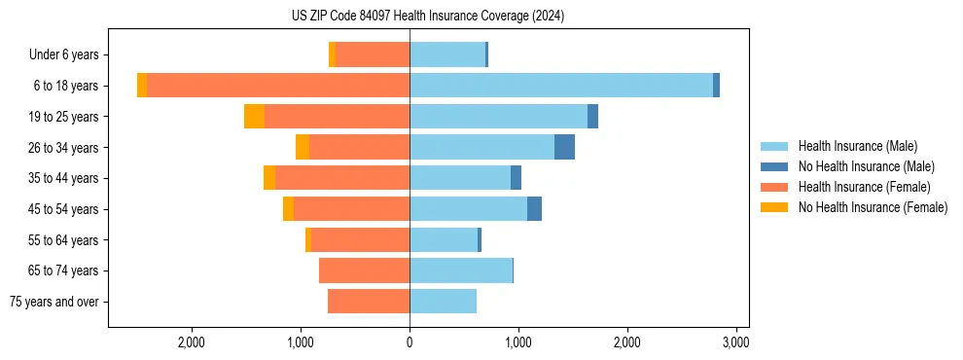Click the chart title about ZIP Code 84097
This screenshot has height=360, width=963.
coord(427,17)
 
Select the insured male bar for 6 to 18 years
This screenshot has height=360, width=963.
coord(561,86)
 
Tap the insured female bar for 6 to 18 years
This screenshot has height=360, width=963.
coord(278,86)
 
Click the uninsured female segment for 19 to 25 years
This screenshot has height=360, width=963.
coord(254,117)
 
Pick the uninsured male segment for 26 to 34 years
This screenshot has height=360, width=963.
coord(564,147)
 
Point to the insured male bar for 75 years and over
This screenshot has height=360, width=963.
coord(443,302)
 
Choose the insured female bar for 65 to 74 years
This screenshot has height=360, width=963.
coord(364,270)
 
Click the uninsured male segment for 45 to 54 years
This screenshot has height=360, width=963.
coord(534,209)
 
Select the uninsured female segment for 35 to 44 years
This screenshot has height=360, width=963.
coord(269,178)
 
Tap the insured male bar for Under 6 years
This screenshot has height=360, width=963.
coord(447,54)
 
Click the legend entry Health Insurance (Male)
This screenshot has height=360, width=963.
coord(857,146)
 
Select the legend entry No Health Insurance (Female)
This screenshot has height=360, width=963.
coord(873,207)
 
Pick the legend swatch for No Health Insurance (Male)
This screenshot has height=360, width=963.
coord(774,166)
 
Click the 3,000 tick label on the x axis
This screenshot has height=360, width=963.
coord(735,342)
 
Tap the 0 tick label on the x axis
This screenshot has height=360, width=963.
coord(410,342)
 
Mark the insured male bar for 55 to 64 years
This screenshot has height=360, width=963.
coord(444,240)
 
